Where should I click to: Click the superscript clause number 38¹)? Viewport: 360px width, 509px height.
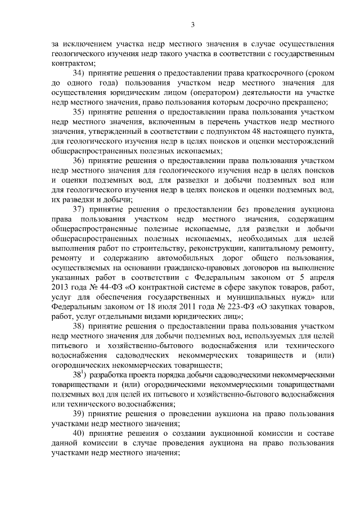coord(79,373)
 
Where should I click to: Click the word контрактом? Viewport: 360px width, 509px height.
coord(73,63)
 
